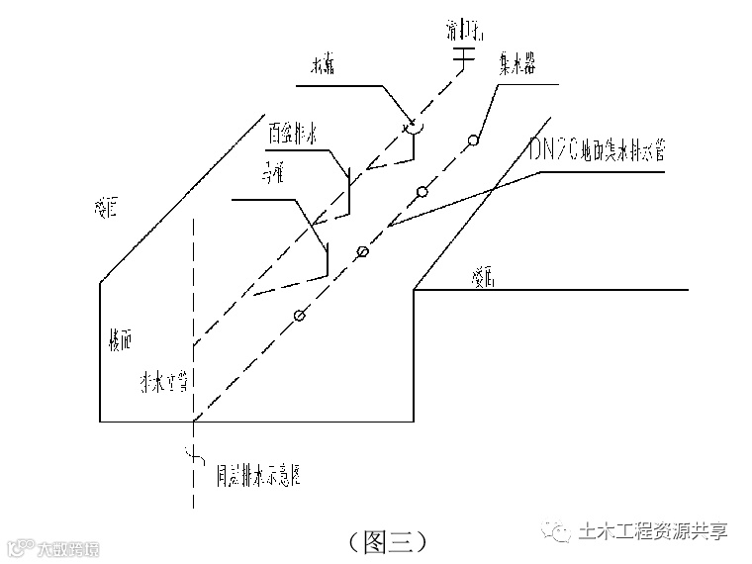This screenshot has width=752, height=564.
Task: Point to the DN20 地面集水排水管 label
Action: (597, 150)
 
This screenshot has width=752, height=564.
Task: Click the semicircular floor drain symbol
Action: (412, 126)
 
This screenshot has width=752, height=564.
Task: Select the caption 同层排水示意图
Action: (258, 476)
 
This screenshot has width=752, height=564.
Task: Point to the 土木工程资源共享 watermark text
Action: (653, 531)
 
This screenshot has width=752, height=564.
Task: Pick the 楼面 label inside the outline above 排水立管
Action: (119, 339)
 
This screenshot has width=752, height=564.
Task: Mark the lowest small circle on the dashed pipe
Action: (299, 316)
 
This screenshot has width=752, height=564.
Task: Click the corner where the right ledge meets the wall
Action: (413, 290)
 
